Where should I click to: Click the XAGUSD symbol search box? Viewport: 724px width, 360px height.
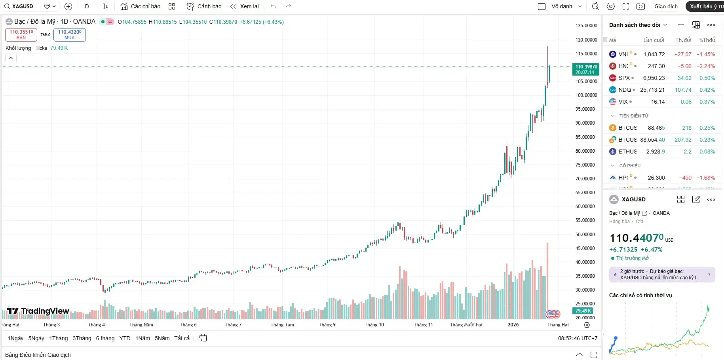tap(22, 6)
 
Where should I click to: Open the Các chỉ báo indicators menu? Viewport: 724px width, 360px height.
tap(141, 6)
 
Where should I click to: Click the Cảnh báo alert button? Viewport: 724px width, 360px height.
tap(204, 6)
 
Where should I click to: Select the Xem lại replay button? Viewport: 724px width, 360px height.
tap(245, 6)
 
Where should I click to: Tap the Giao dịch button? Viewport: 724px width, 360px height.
tap(666, 6)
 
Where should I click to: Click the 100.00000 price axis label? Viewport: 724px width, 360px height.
tap(586, 95)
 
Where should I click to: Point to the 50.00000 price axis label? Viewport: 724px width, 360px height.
tap(586, 234)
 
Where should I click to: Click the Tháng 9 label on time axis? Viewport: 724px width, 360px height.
tap(327, 325)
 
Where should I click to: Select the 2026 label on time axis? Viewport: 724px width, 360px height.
tap(513, 325)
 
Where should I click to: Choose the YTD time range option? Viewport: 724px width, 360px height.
tap(125, 338)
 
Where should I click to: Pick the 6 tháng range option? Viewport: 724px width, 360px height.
tap(105, 338)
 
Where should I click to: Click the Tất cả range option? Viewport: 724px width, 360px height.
tap(182, 338)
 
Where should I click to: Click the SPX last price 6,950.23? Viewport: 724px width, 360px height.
tap(654, 78)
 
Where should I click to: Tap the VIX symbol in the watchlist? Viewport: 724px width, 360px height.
tap(623, 102)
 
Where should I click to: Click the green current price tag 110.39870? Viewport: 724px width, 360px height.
tap(586, 69)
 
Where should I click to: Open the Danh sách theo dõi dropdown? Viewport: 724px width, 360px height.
tap(638, 25)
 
